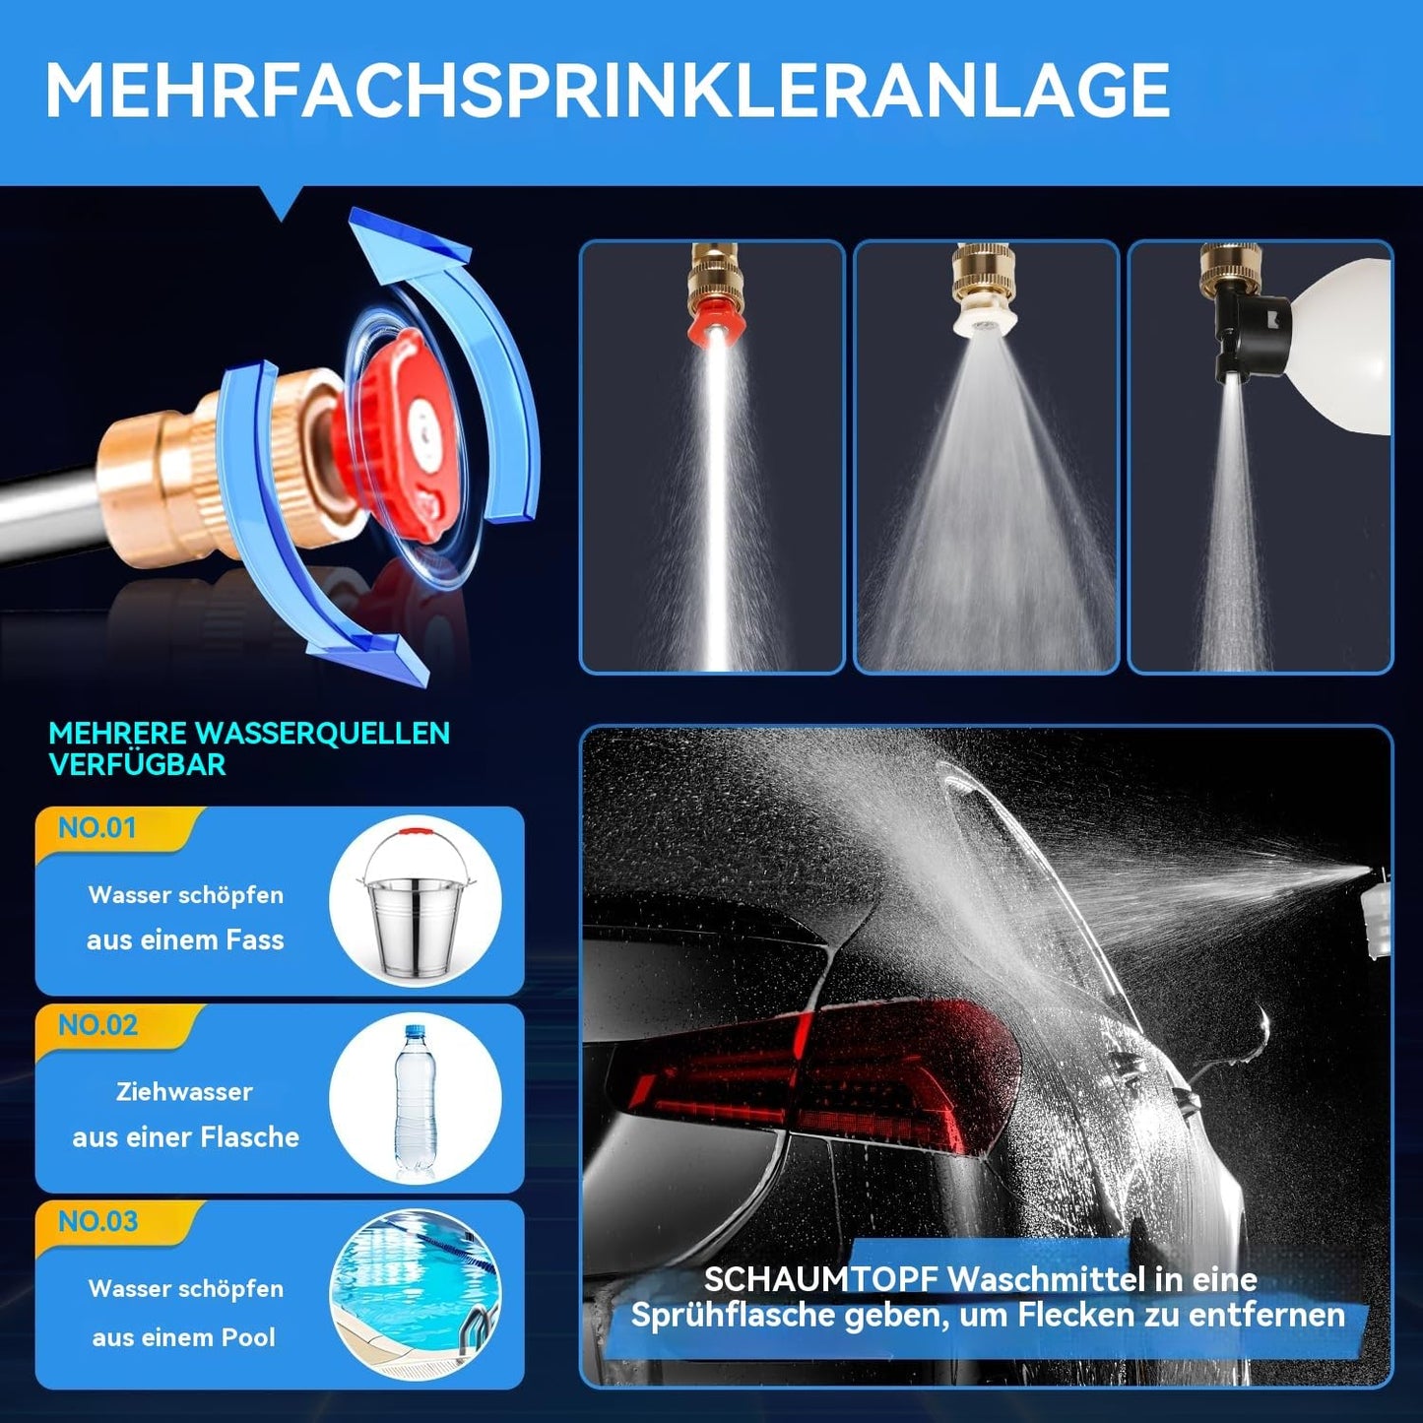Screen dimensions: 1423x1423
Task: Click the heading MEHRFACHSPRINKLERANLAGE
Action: click(x=607, y=90)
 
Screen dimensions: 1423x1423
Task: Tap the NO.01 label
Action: click(x=97, y=827)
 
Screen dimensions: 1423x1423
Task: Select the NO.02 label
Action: click(x=97, y=1024)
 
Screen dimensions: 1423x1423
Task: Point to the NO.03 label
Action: click(x=97, y=1221)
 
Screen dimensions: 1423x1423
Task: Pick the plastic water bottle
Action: click(x=416, y=1100)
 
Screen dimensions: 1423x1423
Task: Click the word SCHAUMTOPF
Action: click(x=820, y=1280)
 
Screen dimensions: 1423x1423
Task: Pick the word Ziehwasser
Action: click(x=184, y=1091)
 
